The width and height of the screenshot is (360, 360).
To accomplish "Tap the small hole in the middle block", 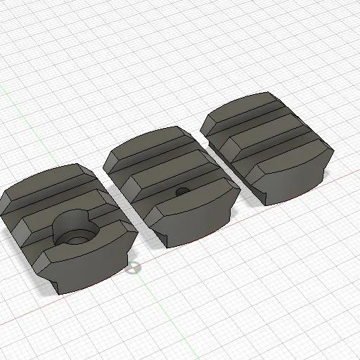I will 181,191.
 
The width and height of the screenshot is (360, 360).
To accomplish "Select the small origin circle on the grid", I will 132,266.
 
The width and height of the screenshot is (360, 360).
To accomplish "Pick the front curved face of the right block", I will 295,183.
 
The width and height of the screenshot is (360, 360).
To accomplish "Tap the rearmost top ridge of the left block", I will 49,179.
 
